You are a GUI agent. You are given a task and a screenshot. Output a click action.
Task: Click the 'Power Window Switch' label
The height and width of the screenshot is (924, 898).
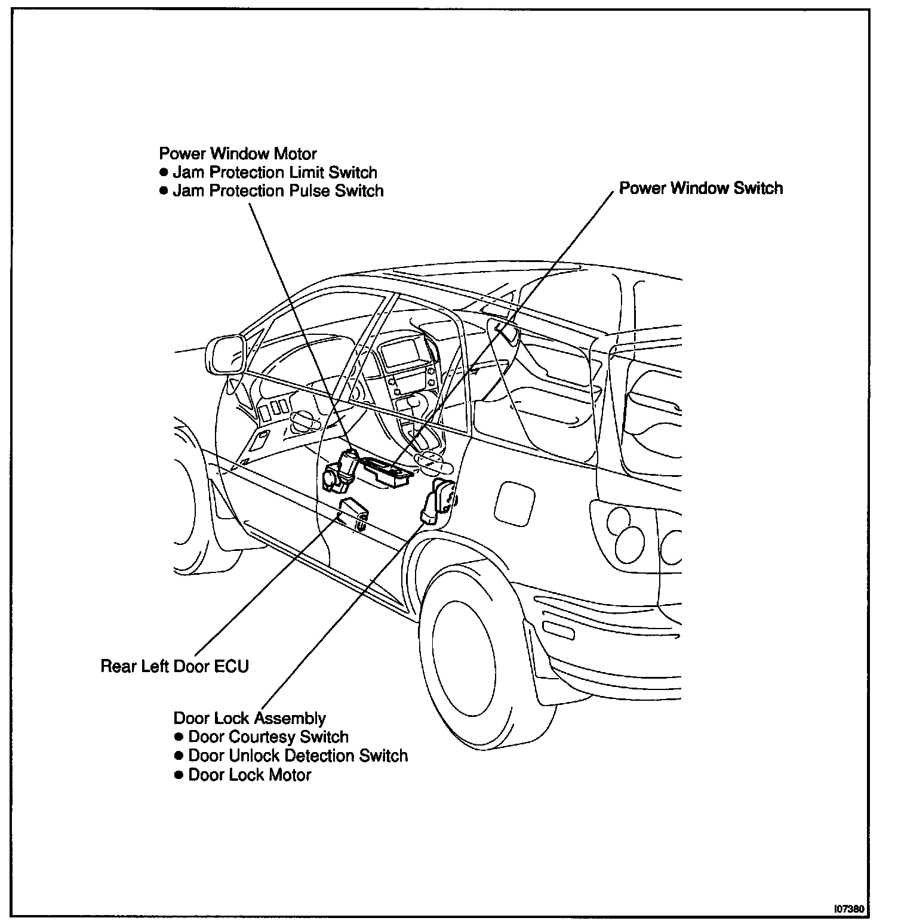click(700, 189)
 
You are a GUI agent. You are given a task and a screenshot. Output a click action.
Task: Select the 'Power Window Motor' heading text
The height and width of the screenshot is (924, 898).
click(238, 153)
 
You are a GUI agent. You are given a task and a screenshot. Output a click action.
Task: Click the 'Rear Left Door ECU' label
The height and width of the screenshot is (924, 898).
click(174, 666)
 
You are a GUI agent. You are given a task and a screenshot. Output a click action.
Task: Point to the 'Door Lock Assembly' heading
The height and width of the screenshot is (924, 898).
click(250, 718)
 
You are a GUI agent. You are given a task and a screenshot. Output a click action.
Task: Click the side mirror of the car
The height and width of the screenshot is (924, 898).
click(225, 355)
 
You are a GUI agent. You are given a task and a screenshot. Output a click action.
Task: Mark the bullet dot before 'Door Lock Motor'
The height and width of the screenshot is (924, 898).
click(178, 775)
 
